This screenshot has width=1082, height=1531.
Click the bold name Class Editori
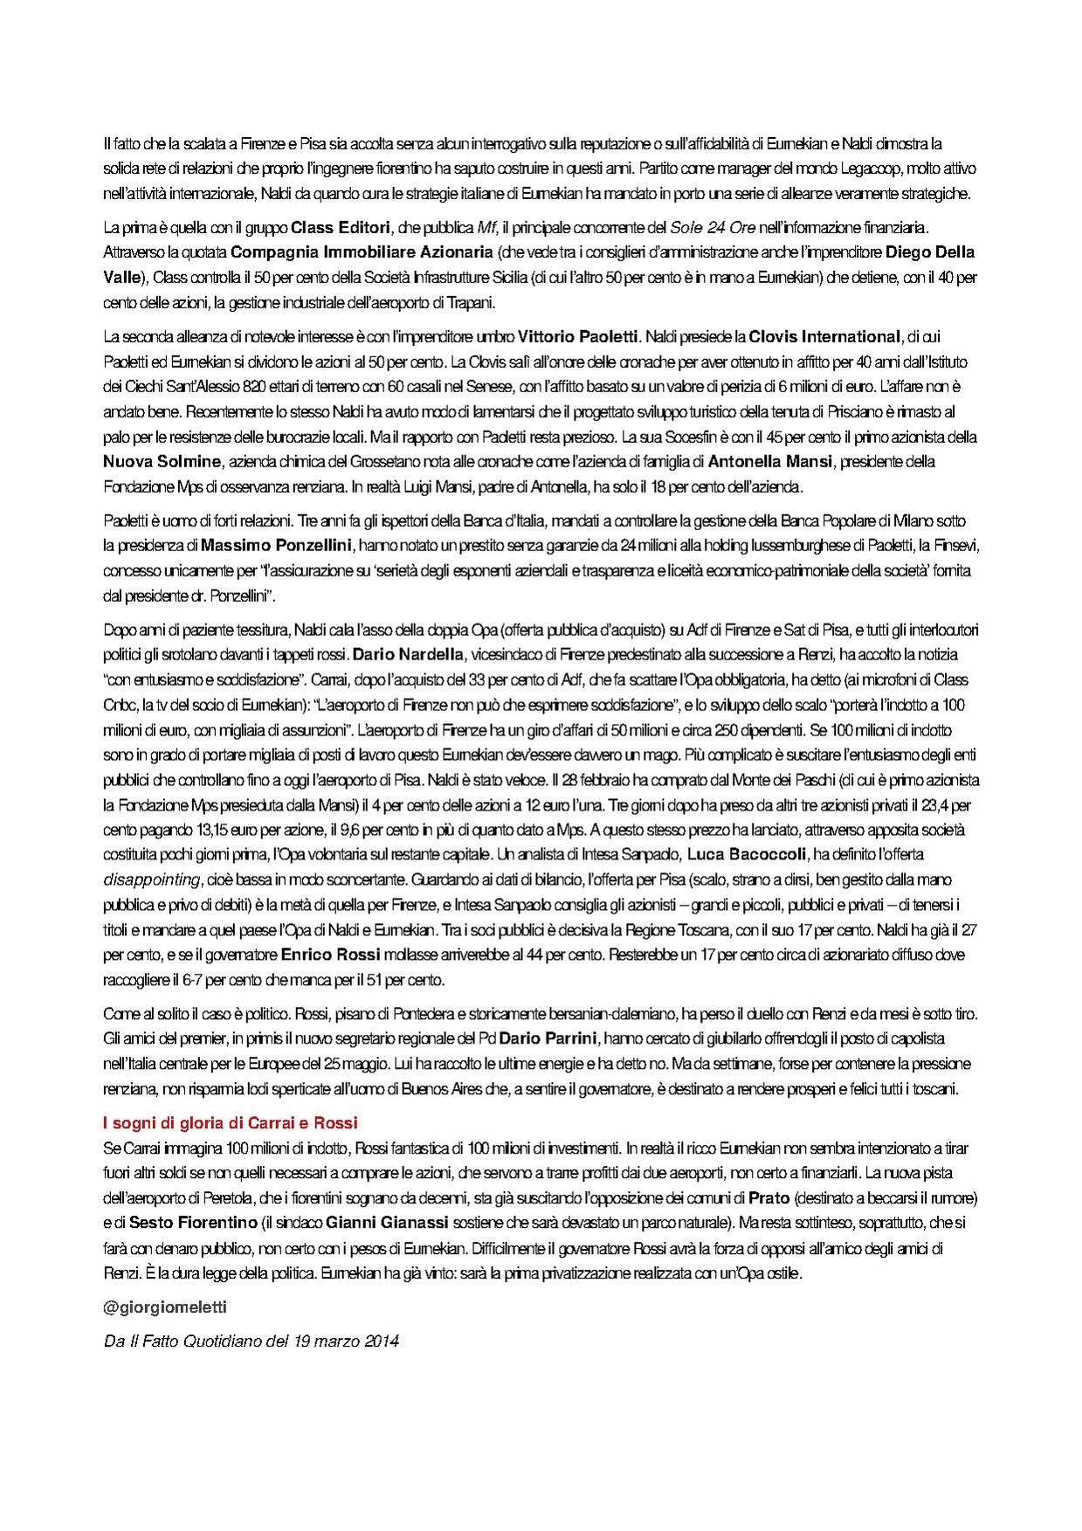click(341, 228)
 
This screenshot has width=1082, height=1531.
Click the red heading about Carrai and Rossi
click(231, 1123)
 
